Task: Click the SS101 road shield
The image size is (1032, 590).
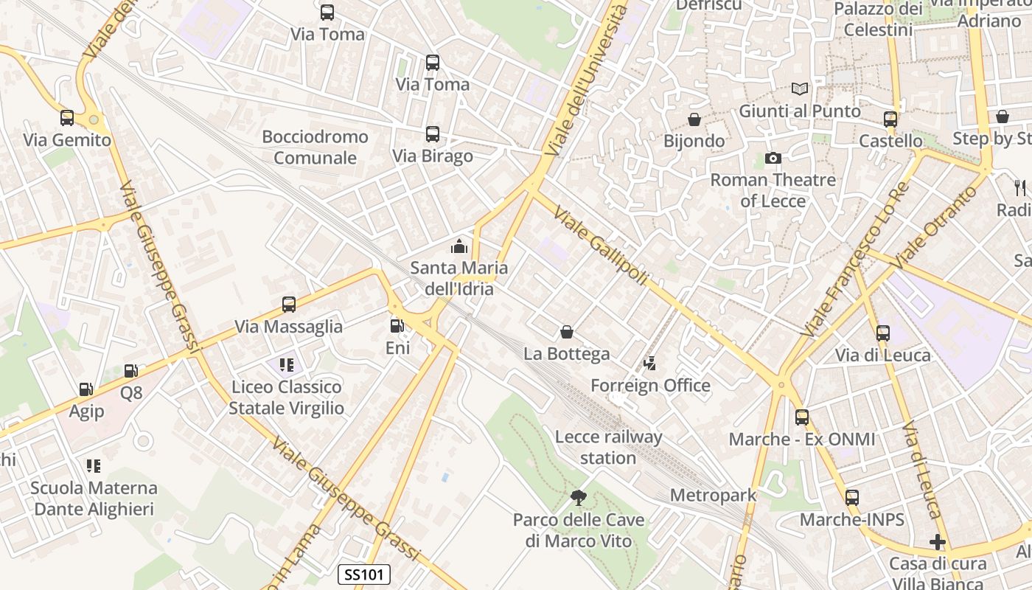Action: [x=364, y=575]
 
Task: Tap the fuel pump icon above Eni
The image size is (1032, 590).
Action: [x=397, y=325]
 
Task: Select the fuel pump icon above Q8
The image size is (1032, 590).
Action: [x=131, y=371]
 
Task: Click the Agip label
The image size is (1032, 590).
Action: [x=86, y=411]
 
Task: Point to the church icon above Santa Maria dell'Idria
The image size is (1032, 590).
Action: [x=459, y=246]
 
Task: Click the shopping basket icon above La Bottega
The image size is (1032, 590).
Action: [x=567, y=332]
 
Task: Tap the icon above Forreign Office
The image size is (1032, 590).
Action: [x=649, y=363]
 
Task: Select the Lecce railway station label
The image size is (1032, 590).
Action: [x=608, y=447]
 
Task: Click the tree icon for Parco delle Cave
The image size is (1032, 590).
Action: [x=579, y=498]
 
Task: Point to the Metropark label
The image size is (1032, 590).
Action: [x=713, y=495]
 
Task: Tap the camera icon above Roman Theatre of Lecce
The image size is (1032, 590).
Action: [x=773, y=158]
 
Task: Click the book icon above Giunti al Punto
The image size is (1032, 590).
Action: [x=800, y=89]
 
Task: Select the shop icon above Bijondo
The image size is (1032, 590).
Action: [x=694, y=119]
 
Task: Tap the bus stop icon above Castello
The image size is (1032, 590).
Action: [x=890, y=119]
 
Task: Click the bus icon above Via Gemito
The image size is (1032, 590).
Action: [x=67, y=117]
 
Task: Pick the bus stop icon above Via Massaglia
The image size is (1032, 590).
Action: [x=289, y=304]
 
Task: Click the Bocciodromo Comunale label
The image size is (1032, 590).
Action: [x=315, y=147]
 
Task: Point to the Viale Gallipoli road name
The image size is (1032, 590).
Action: [x=601, y=236]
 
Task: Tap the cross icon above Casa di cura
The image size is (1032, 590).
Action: [x=938, y=542]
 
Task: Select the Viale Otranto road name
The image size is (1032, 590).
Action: [x=935, y=226]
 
